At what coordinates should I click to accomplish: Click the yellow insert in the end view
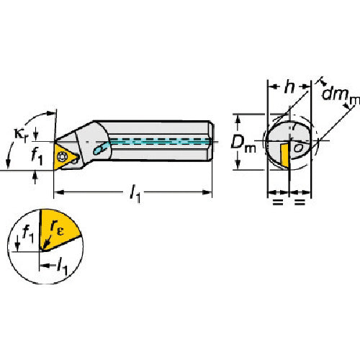pos(285,153)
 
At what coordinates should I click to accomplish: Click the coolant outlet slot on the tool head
pos(102,149)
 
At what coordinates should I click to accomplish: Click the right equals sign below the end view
pos(299,204)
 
